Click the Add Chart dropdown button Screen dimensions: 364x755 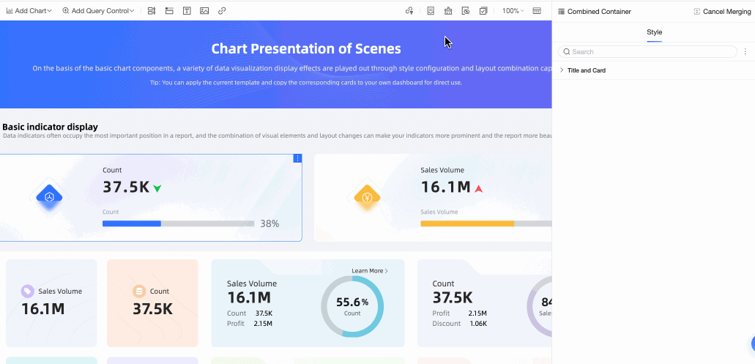click(29, 11)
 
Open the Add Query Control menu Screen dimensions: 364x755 click(98, 11)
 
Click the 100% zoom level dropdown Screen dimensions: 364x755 click(513, 11)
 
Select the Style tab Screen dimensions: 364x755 click(654, 32)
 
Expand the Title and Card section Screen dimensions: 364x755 click(586, 70)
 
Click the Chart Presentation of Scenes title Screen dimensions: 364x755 click(305, 49)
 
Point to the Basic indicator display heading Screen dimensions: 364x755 click(51, 127)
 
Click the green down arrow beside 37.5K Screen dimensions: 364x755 click(157, 188)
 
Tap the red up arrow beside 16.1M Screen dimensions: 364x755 click(479, 188)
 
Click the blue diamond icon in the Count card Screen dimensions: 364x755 click(49, 197)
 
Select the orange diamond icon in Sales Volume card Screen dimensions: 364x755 click(367, 197)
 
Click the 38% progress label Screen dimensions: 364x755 click(269, 223)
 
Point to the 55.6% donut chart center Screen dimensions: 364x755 click(352, 305)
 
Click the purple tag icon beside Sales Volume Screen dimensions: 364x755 click(28, 291)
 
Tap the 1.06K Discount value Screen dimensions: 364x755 click(477, 323)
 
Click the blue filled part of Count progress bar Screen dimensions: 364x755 click(132, 223)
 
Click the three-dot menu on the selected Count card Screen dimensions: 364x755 click(297, 158)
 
